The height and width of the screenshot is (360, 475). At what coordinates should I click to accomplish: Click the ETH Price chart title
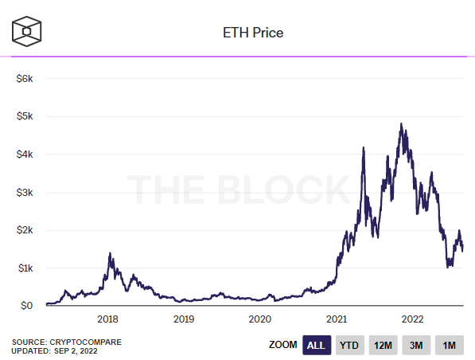[253, 33]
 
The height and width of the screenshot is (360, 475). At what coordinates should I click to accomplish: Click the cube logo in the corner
[27, 31]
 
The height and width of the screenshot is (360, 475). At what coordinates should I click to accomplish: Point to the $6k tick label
[25, 79]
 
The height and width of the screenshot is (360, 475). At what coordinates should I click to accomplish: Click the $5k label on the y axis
[25, 116]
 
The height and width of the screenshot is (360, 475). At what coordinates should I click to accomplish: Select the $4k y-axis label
[25, 155]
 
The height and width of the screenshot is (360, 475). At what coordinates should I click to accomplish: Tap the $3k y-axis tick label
[25, 192]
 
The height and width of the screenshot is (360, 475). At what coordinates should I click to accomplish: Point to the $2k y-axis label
[25, 230]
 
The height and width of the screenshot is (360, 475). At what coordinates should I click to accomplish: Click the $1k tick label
[25, 268]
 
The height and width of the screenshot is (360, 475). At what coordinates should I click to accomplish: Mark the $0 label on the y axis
[26, 305]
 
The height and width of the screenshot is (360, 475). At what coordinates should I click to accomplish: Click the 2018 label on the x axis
[107, 319]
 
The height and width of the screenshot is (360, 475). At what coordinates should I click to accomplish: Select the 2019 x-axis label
[184, 319]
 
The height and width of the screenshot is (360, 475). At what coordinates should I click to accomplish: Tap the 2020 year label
[260, 319]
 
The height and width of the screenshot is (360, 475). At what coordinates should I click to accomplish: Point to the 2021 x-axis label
[337, 319]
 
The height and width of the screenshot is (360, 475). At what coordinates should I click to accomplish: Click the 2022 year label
[412, 319]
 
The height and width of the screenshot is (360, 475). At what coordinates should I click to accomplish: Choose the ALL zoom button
[317, 345]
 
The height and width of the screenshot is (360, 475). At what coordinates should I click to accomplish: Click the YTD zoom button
[349, 345]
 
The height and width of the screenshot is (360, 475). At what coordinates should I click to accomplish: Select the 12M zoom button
[383, 345]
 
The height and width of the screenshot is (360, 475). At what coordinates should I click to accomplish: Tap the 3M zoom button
[416, 345]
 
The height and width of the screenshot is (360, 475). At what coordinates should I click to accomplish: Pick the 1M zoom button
[450, 345]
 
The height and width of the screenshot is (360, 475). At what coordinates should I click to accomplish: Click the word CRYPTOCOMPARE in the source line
[85, 342]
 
